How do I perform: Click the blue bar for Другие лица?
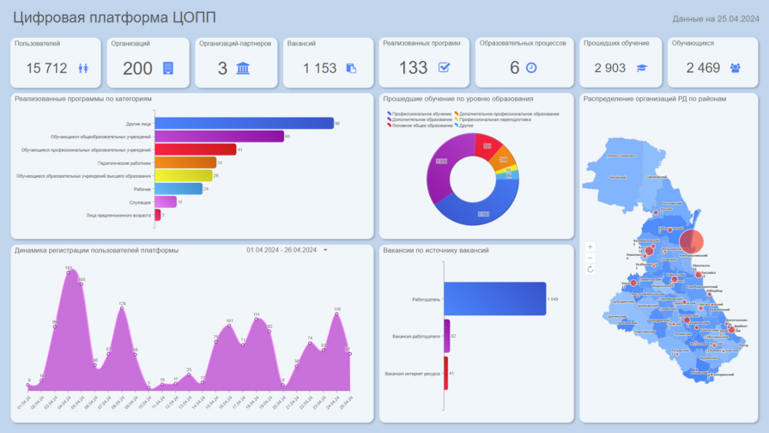[244, 124]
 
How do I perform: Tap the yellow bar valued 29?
[183, 176]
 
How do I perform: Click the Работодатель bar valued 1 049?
[494, 299]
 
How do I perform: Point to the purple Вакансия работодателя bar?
[446, 336]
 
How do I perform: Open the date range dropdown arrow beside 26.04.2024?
[325, 251]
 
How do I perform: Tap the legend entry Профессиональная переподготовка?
[494, 119]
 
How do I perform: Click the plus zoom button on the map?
[590, 247]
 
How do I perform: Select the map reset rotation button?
[590, 269]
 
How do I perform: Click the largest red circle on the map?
[692, 242]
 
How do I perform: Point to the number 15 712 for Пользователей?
[46, 68]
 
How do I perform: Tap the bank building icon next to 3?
[243, 68]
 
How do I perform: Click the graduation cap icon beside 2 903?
[641, 68]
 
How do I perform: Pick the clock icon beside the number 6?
[531, 68]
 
